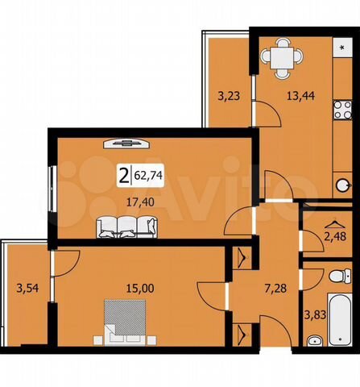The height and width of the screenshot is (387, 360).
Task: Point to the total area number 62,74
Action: coord(148,173)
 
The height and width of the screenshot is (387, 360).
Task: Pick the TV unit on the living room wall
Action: coord(125,143)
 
